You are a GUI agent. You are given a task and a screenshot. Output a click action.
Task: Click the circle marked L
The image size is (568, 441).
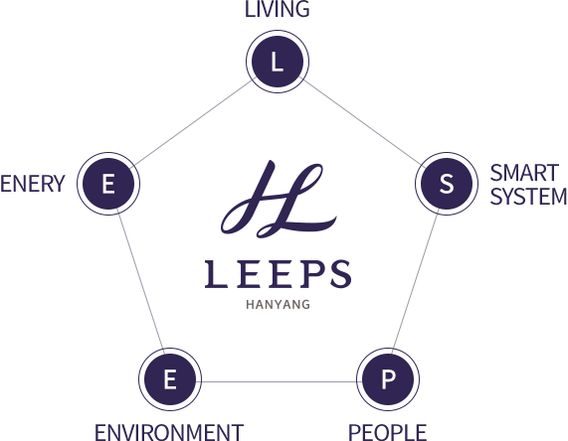278,62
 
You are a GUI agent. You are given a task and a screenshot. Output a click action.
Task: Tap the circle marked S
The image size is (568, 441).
447,184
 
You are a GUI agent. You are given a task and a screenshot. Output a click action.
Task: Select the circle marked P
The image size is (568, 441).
388,379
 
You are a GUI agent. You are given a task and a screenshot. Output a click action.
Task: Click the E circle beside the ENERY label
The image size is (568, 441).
108,184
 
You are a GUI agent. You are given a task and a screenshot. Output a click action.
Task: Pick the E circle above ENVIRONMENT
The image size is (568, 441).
170,379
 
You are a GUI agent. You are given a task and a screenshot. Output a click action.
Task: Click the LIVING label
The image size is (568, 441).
278,9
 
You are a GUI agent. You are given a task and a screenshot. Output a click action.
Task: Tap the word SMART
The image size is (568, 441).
524,173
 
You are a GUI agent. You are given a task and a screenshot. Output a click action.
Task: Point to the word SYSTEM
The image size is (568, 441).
528,197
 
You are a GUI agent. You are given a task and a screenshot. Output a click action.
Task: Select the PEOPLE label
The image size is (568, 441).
387,432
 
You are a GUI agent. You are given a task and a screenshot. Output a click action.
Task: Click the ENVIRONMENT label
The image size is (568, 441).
169,432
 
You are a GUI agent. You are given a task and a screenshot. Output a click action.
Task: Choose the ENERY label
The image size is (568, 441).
33,184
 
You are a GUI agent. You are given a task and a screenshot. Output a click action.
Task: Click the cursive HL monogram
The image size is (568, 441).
279,199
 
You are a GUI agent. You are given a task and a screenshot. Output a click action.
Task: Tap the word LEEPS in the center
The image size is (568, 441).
278,274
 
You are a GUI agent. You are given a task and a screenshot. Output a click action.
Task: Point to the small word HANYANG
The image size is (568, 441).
278,305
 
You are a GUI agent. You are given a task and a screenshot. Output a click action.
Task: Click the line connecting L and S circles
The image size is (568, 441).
362,122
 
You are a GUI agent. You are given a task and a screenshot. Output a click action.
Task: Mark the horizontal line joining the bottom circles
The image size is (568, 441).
279,381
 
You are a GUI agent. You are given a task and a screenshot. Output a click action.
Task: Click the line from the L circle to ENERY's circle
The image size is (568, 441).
193,122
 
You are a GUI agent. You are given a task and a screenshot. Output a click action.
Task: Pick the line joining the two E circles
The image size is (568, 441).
140,281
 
